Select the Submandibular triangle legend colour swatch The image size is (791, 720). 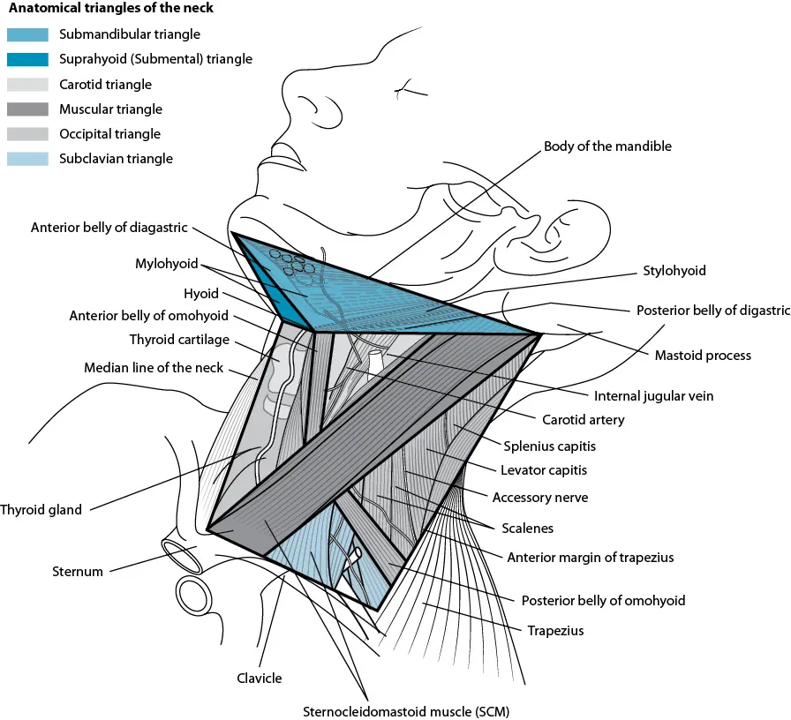pyautogui.click(x=28, y=35)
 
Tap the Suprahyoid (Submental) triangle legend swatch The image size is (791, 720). pyautogui.click(x=28, y=60)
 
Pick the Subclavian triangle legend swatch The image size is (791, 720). pyautogui.click(x=28, y=160)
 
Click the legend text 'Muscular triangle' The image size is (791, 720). pyautogui.click(x=110, y=109)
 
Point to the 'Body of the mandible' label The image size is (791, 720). pyautogui.click(x=607, y=146)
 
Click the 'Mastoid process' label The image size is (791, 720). pyautogui.click(x=702, y=356)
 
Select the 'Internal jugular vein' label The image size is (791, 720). pyautogui.click(x=653, y=396)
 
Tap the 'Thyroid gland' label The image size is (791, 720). pyautogui.click(x=41, y=510)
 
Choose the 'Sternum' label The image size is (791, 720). pyautogui.click(x=77, y=572)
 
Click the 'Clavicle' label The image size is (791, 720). pyautogui.click(x=260, y=679)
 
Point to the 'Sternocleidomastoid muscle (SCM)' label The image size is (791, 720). pyautogui.click(x=406, y=710)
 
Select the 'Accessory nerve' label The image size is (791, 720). pyautogui.click(x=539, y=498)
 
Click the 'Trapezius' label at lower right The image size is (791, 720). pyautogui.click(x=555, y=631)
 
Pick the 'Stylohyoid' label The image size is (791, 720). pyautogui.click(x=674, y=271)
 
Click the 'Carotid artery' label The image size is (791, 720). pyautogui.click(x=583, y=420)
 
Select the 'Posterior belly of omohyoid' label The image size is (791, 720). pyautogui.click(x=603, y=601)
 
